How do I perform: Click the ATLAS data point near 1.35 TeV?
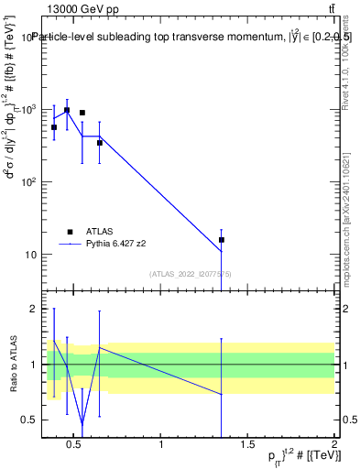pyautogui.click(x=222, y=240)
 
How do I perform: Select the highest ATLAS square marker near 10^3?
pyautogui.click(x=67, y=110)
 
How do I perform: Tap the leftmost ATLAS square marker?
pyautogui.click(x=54, y=127)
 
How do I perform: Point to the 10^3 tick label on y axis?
pyautogui.click(x=27, y=110)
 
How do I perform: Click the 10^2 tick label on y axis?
pyautogui.click(x=27, y=182)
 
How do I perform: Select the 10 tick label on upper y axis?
pyautogui.click(x=29, y=255)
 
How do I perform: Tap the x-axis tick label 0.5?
pyautogui.click(x=75, y=446)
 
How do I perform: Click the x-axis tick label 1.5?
pyautogui.click(x=247, y=446)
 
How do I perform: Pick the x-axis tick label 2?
pyautogui.click(x=333, y=446)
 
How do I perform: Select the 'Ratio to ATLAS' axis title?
pyautogui.click(x=12, y=364)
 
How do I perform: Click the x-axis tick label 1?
pyautogui.click(x=161, y=446)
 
